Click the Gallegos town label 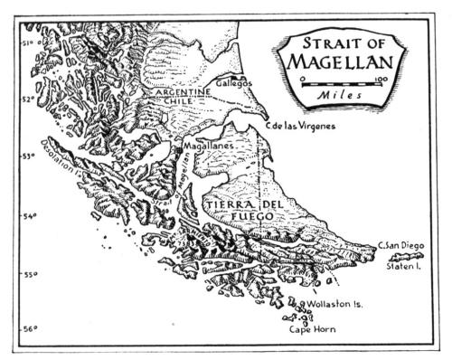[231, 83]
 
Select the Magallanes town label [209, 145]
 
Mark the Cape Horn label [312, 330]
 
